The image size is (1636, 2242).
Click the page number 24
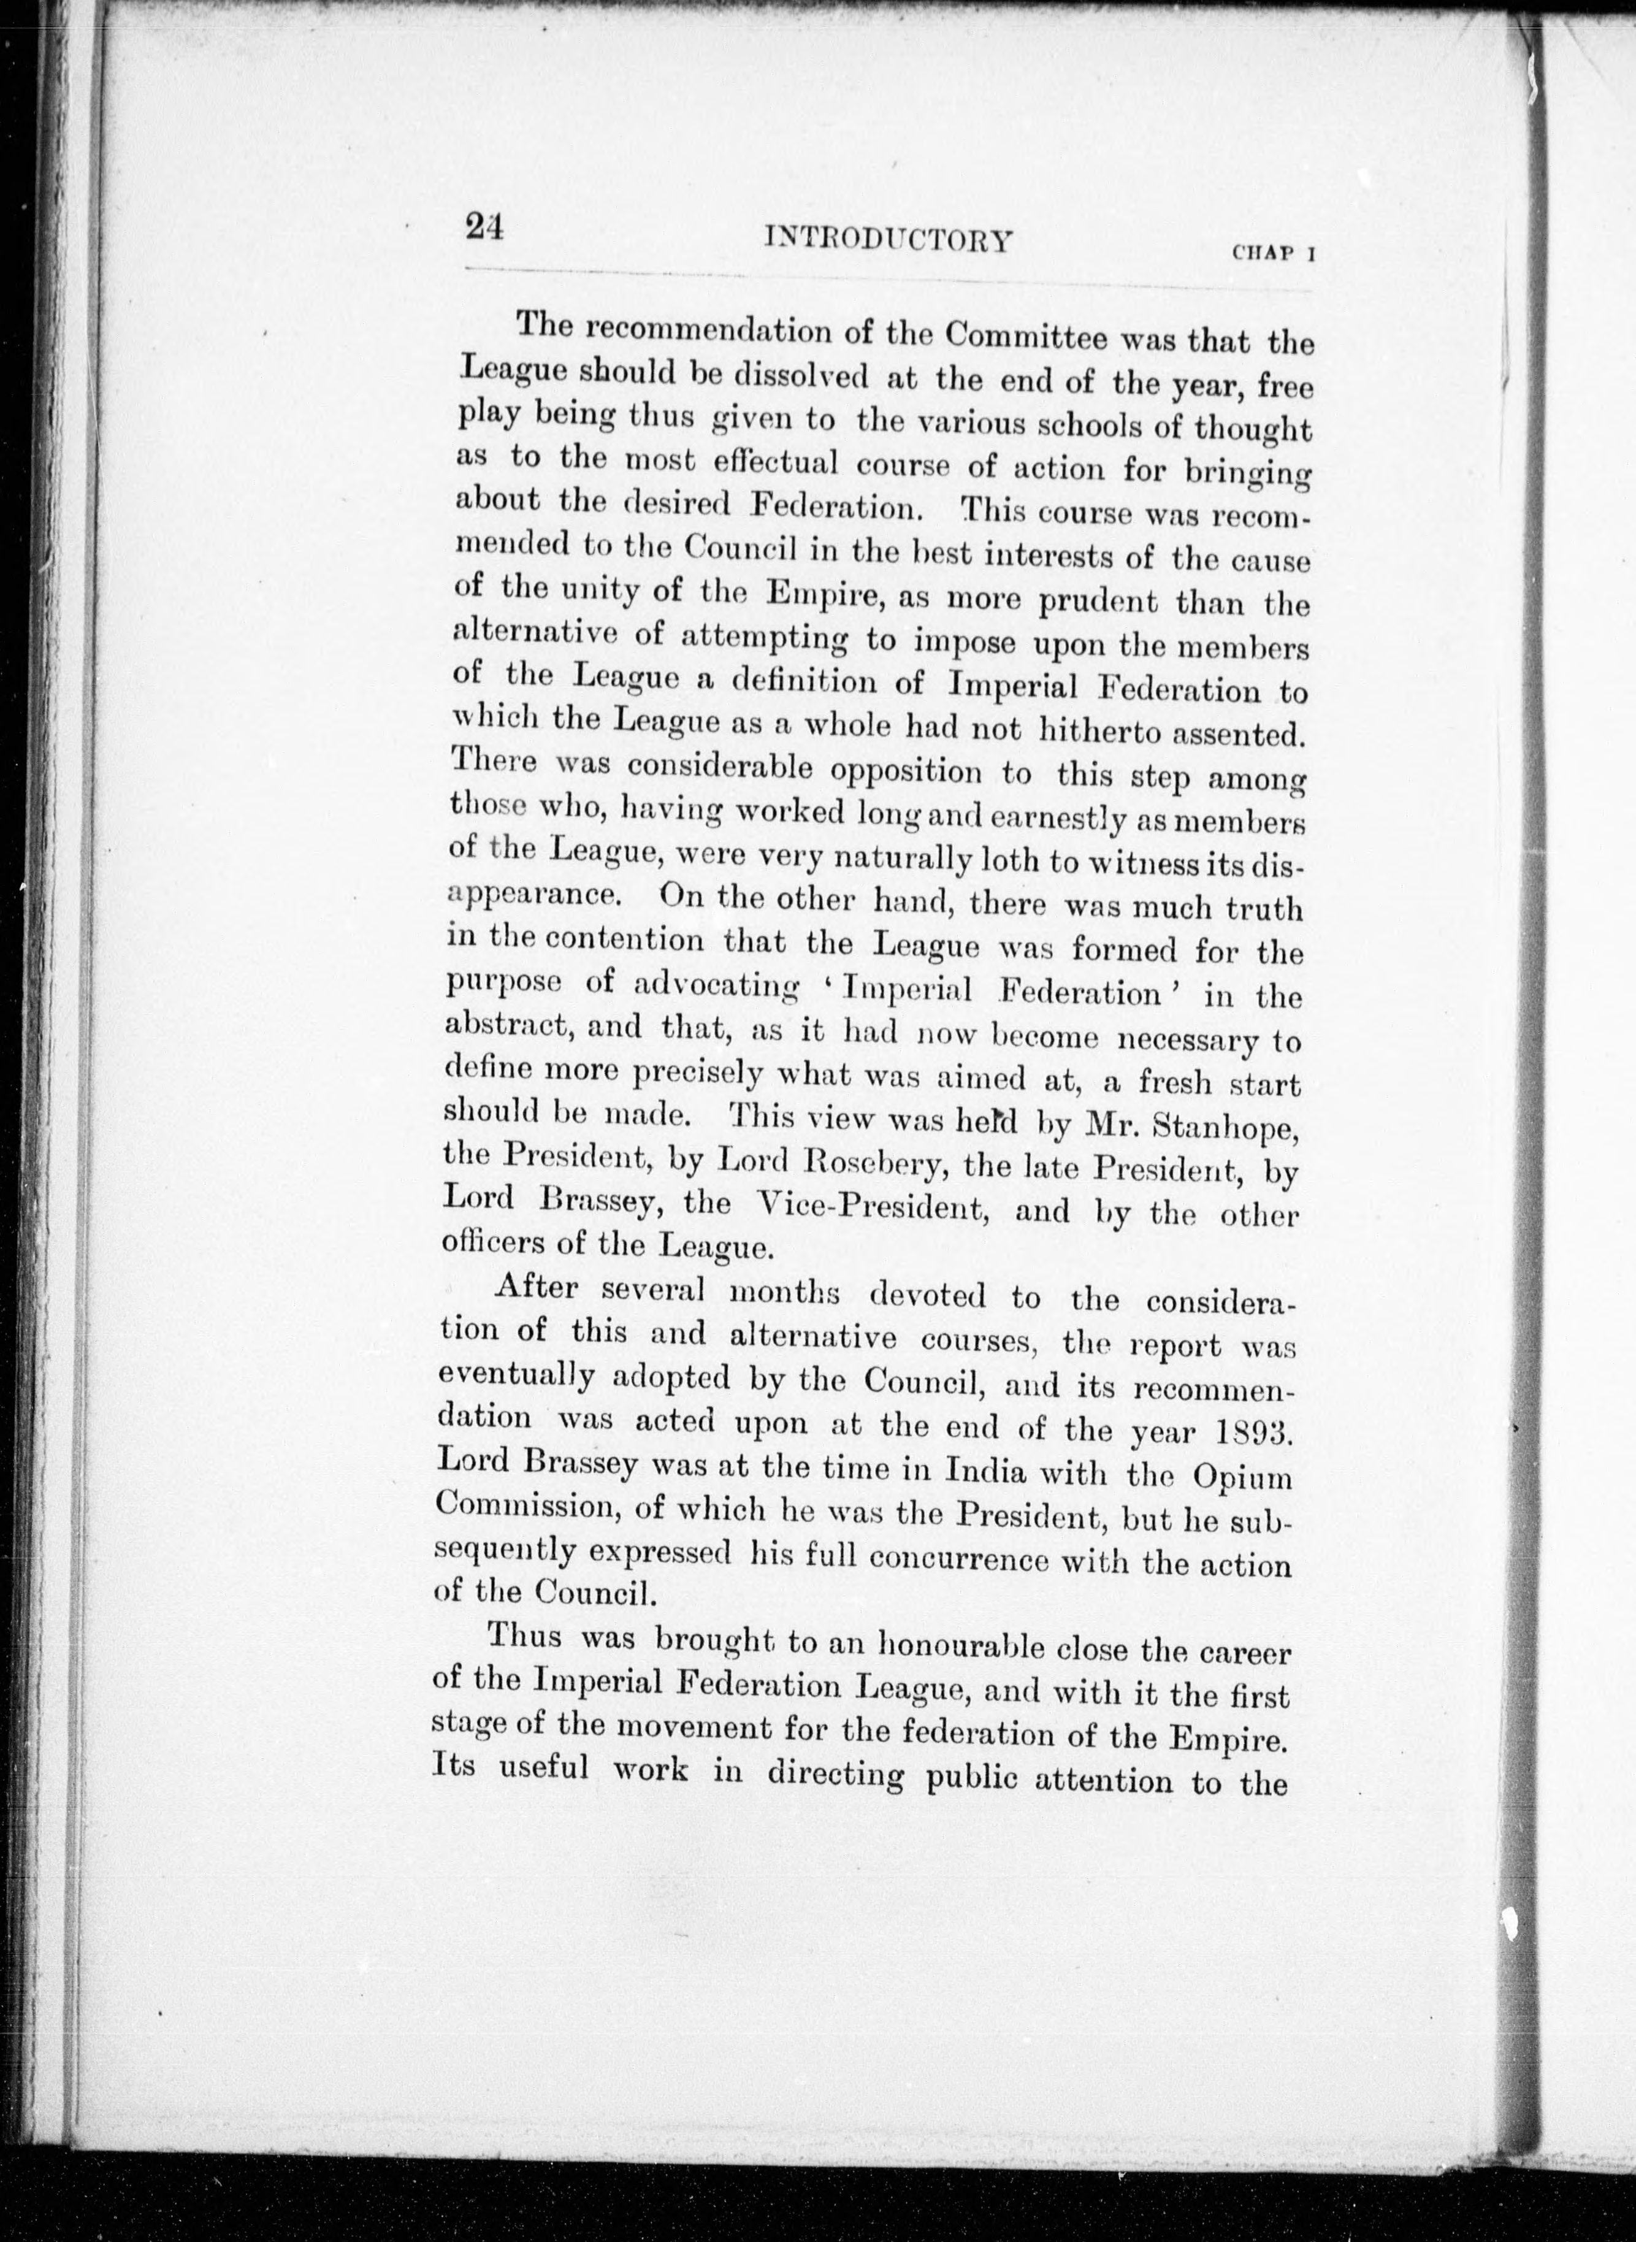[485, 229]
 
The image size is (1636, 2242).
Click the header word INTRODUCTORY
[889, 240]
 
